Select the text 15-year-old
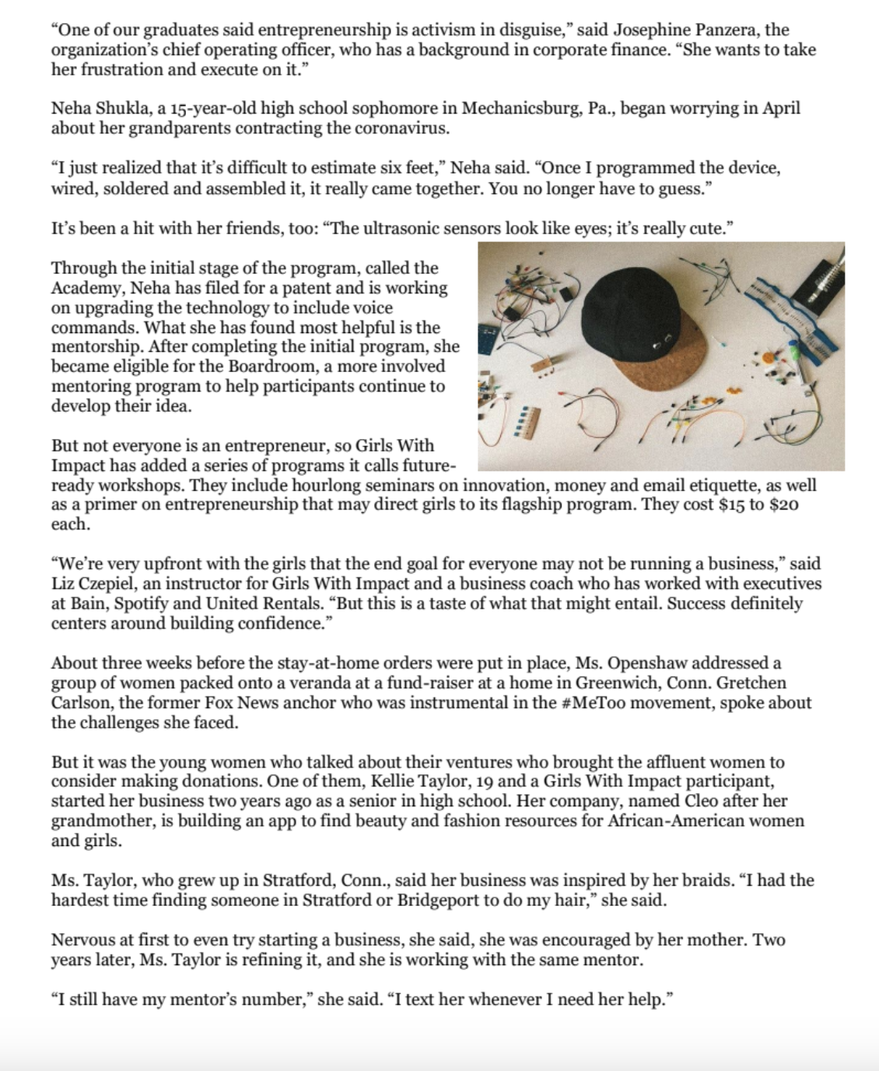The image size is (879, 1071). (170, 108)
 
